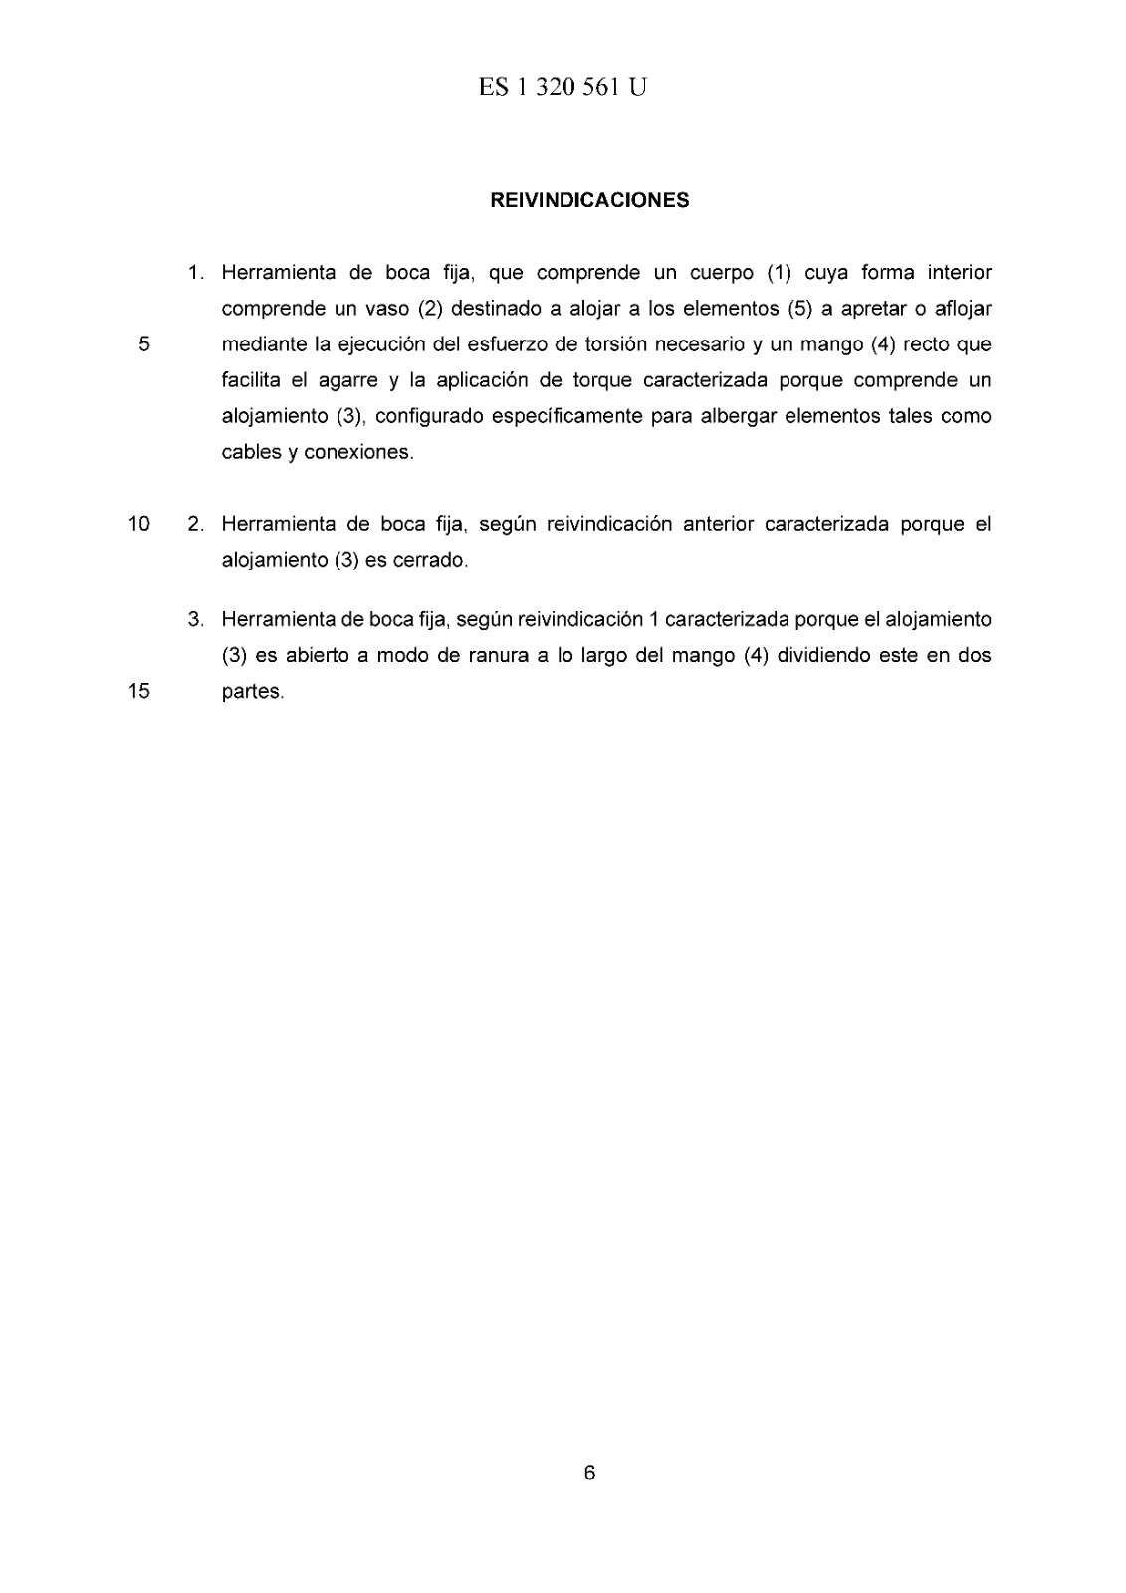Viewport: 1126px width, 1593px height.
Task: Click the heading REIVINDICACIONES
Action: click(x=589, y=200)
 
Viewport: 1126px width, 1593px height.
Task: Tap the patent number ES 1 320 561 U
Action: click(x=563, y=88)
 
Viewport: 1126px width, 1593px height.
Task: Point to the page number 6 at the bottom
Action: click(x=589, y=1473)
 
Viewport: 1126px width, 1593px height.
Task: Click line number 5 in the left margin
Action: click(x=143, y=345)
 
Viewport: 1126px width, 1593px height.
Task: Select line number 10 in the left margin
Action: click(x=139, y=524)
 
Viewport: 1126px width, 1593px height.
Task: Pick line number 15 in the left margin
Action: click(x=139, y=692)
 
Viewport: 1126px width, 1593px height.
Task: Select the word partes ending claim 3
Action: click(x=252, y=692)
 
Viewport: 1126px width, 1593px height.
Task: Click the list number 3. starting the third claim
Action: click(x=197, y=620)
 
